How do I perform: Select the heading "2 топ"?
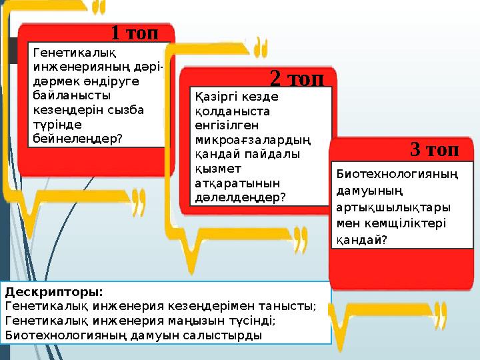tap(297, 79)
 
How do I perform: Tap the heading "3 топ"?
tap(434, 149)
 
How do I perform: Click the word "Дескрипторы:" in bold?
tap(54, 292)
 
